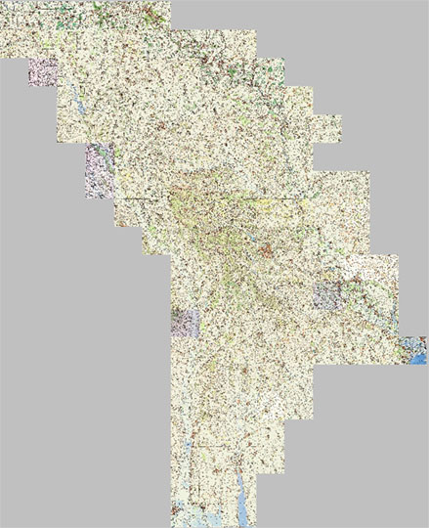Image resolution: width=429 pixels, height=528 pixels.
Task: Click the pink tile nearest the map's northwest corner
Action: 44,72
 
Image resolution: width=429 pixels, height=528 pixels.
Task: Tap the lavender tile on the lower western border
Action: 185,323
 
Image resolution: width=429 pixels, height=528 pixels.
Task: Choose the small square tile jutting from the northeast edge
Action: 328,128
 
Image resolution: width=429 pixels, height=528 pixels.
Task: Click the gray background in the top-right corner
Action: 391,39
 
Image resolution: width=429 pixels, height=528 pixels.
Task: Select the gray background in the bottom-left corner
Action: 59,469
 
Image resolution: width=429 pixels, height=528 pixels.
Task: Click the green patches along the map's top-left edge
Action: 59,10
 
